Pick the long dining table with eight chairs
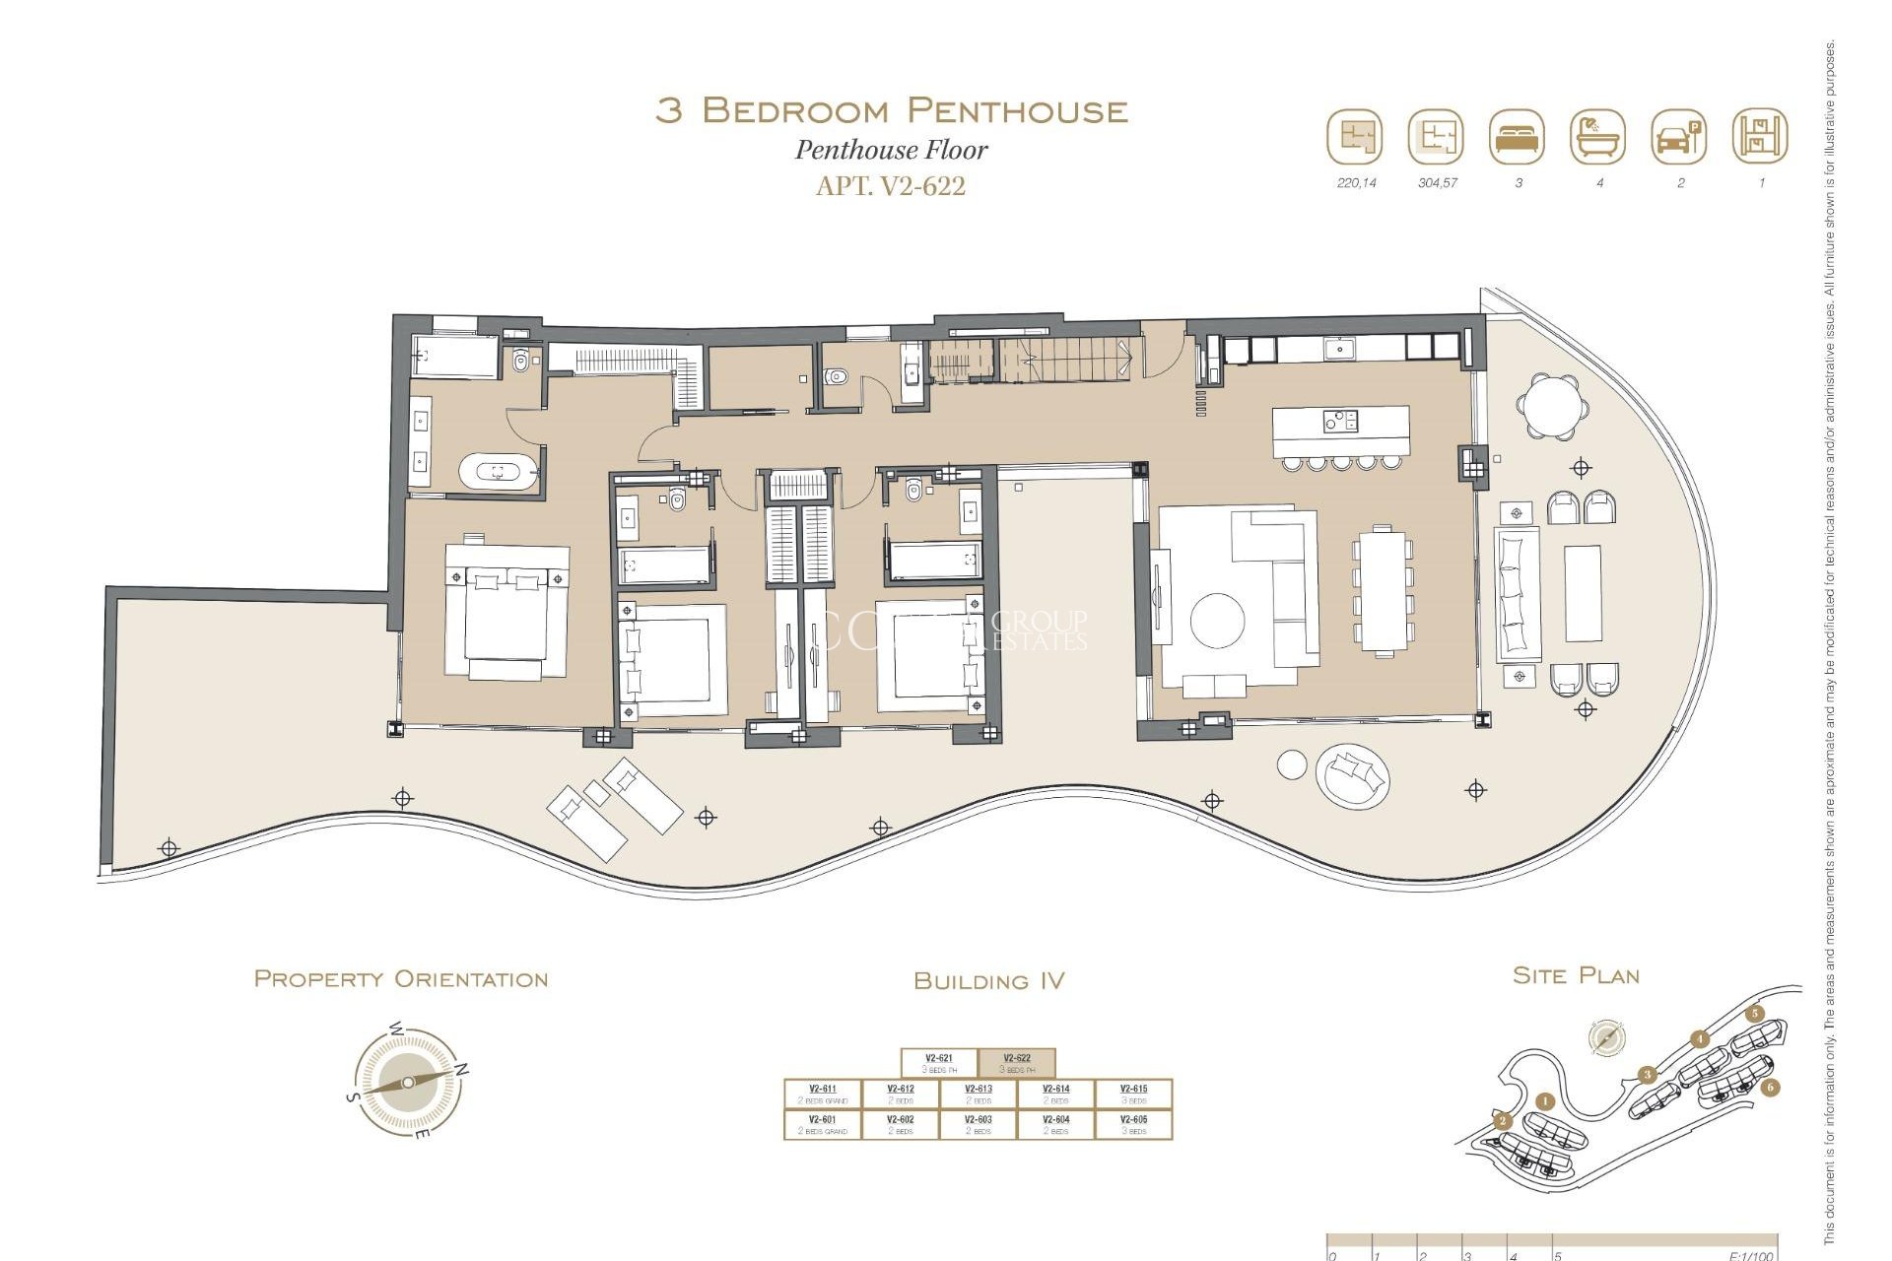click(x=1383, y=589)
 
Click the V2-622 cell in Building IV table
click(x=1016, y=1063)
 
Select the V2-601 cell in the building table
click(x=822, y=1124)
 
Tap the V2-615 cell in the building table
click(x=1133, y=1094)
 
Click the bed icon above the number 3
click(x=1517, y=137)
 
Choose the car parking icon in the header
click(x=1678, y=137)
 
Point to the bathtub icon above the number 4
click(x=1597, y=137)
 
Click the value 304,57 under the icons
click(x=1437, y=183)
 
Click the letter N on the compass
click(x=463, y=1070)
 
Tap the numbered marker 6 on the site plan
click(x=1771, y=1088)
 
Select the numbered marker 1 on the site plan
click(x=1545, y=1101)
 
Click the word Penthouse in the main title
click(x=1016, y=110)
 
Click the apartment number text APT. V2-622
click(x=891, y=186)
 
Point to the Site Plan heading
click(x=1576, y=975)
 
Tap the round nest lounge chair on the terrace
click(x=1354, y=777)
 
